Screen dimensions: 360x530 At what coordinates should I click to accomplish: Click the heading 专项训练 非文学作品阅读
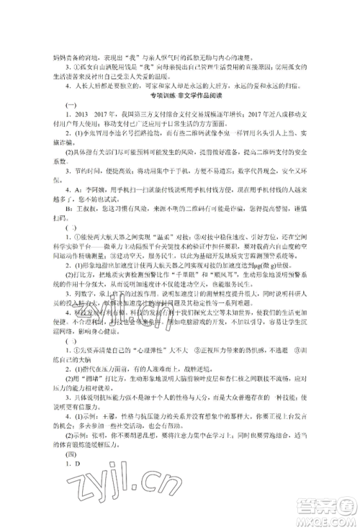click(x=179, y=96)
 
